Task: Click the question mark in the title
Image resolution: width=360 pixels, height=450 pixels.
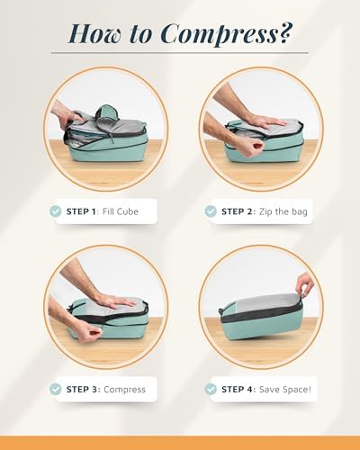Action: [x=285, y=33]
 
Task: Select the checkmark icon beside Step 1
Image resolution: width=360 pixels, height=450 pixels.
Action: [x=55, y=211]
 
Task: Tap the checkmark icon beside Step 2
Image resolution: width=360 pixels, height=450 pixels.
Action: [x=211, y=211]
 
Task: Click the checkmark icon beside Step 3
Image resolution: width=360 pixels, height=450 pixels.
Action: [x=55, y=389]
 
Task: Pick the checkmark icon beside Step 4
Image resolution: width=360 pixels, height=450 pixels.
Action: [x=211, y=389]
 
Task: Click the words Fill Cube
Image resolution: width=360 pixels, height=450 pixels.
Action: [x=121, y=211]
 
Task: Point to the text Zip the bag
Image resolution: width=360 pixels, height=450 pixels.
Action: [x=283, y=211]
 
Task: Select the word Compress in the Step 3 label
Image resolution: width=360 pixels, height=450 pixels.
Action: [x=124, y=390]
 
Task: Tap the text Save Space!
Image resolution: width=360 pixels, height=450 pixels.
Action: [x=284, y=390]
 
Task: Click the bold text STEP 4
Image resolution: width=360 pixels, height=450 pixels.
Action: [x=238, y=390]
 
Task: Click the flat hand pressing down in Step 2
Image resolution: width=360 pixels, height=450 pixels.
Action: [x=264, y=121]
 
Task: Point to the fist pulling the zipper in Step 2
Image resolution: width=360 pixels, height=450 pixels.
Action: [x=249, y=148]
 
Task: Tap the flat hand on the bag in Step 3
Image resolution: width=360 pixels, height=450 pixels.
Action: [x=115, y=301]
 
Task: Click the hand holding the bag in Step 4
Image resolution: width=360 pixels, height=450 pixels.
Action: [x=304, y=284]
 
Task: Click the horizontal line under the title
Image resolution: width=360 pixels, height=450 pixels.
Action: [x=179, y=53]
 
